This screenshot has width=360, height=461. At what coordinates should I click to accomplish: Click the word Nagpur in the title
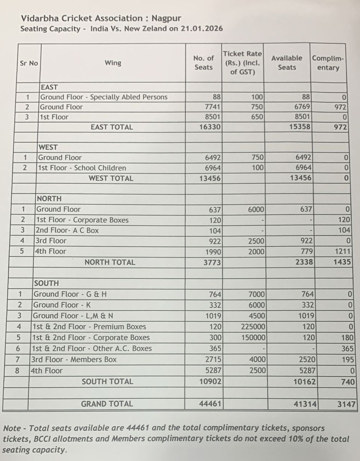(x=166, y=18)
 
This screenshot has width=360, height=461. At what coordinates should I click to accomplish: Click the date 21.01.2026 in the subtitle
(x=201, y=29)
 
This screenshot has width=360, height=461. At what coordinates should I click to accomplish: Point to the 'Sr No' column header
(x=29, y=63)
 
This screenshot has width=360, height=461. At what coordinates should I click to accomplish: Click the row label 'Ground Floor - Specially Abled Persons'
(x=104, y=97)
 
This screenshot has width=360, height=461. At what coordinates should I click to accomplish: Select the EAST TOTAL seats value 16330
(x=210, y=127)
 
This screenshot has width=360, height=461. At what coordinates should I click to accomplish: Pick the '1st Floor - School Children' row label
(x=82, y=168)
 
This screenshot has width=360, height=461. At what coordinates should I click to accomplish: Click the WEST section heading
(x=48, y=147)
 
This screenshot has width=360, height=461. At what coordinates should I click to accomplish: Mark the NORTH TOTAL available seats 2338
(x=303, y=262)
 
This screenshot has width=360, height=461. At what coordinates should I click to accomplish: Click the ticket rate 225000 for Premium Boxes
(x=253, y=327)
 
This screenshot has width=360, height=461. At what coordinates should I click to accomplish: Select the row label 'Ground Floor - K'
(x=62, y=305)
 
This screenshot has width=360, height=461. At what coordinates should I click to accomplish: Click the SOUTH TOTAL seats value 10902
(x=210, y=382)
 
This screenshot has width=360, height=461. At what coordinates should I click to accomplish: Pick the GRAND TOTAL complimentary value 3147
(x=346, y=404)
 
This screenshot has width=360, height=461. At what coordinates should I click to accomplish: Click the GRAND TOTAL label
(x=107, y=404)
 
